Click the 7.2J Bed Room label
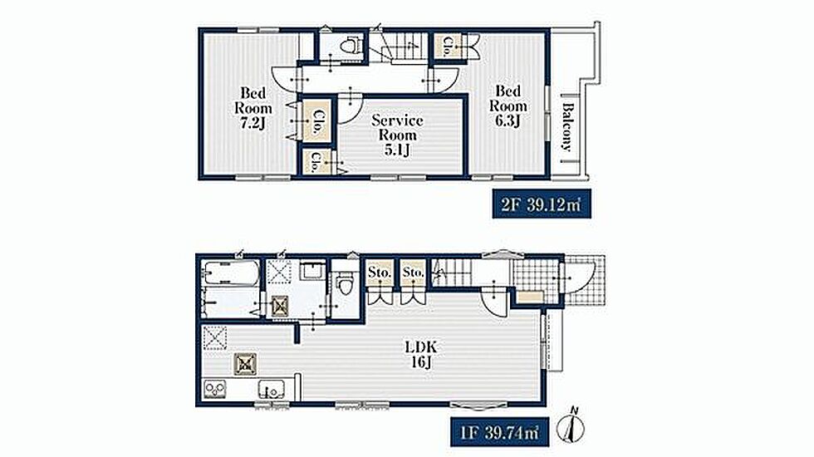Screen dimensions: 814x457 click(x=253, y=108)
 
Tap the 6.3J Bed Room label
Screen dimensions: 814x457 click(x=508, y=106)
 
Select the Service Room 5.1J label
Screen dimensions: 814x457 click(x=397, y=135)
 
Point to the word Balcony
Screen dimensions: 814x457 click(x=567, y=127)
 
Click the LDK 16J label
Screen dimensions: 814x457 click(x=421, y=354)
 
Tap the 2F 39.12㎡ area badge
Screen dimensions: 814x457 click(x=541, y=204)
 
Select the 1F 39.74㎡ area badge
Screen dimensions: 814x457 click(x=499, y=432)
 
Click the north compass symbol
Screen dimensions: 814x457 click(x=571, y=425)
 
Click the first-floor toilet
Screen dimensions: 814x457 click(x=344, y=284)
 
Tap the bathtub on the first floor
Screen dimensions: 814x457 click(x=229, y=271)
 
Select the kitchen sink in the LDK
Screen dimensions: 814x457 click(x=272, y=389)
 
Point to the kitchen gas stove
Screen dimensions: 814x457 click(x=214, y=390)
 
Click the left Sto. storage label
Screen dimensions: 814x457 click(x=380, y=273)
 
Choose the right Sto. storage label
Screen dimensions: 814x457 click(x=414, y=273)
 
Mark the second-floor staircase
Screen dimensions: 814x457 click(x=400, y=46)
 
